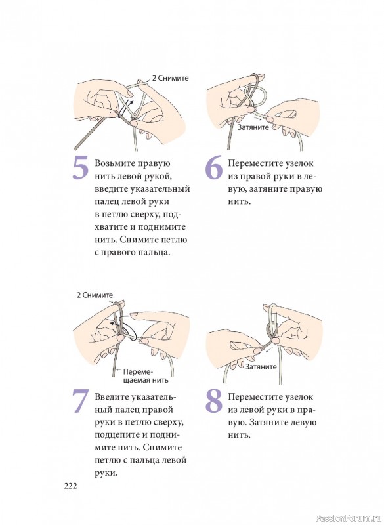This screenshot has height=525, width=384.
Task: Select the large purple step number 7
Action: (x=80, y=401)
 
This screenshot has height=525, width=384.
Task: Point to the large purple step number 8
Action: (x=214, y=401)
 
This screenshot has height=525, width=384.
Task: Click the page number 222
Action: (x=71, y=486)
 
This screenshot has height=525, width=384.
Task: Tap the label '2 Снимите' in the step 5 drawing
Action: (x=171, y=78)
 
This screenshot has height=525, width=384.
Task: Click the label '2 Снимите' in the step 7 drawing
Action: (x=95, y=295)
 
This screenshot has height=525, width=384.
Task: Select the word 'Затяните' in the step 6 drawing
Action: (x=253, y=127)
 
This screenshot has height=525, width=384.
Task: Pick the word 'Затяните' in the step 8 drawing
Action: (x=261, y=367)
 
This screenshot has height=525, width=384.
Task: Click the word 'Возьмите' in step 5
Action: (x=114, y=163)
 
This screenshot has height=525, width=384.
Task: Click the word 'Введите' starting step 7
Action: (x=112, y=397)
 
